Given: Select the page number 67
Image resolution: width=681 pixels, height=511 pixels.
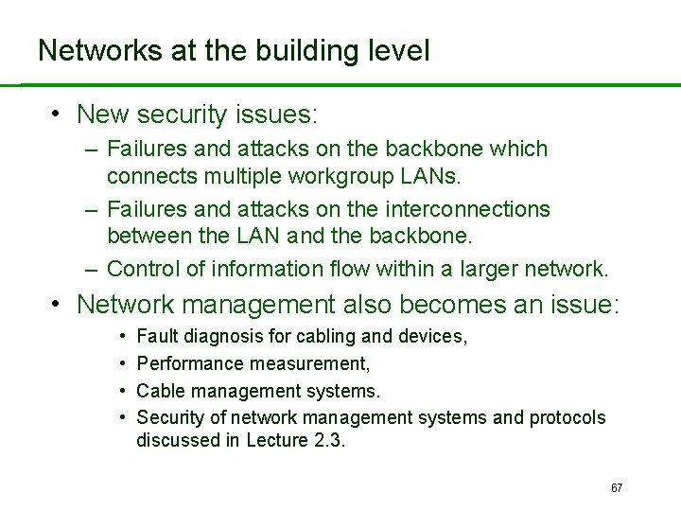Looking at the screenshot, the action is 617,488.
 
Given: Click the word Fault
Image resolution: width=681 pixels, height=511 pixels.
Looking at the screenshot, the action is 155,337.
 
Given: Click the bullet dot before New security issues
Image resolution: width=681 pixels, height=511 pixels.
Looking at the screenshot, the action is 57,115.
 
